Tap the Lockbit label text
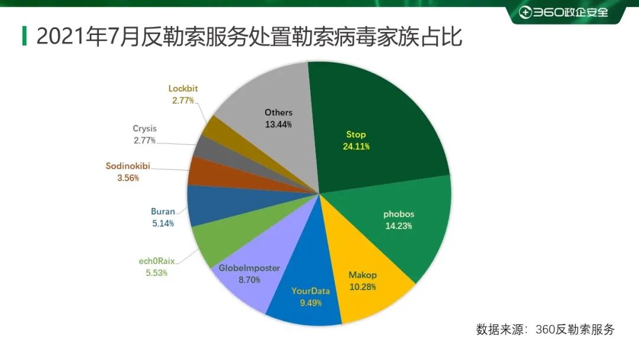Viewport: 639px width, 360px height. pyautogui.click(x=183, y=89)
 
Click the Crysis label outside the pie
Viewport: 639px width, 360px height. pyautogui.click(x=144, y=128)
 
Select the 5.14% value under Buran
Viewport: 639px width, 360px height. pyautogui.click(x=163, y=223)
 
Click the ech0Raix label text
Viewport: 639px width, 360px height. pyautogui.click(x=157, y=261)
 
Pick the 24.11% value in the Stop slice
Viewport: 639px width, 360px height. pyautogui.click(x=356, y=146)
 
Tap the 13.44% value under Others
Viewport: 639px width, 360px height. pyautogui.click(x=278, y=124)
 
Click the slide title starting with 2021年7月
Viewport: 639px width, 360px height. pyautogui.click(x=248, y=36)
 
